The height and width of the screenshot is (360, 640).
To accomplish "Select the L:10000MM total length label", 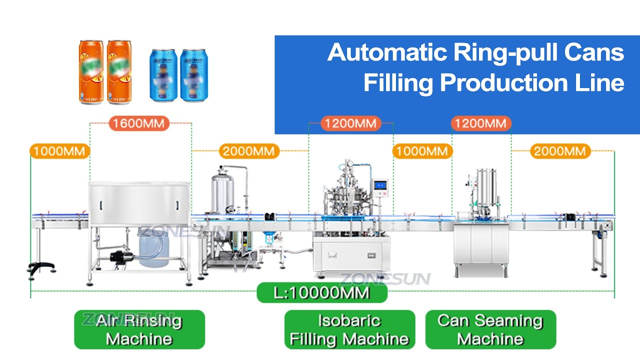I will (322, 292).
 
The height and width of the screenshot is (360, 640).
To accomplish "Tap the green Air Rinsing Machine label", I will (139, 329).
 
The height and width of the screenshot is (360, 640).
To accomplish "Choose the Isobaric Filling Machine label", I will (349, 329).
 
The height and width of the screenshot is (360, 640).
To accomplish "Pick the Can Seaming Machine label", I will (490, 329).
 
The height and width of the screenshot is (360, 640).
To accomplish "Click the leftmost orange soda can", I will (90, 72).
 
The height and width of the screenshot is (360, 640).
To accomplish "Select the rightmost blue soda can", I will (193, 75).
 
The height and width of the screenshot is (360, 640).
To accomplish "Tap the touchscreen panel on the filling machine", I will (382, 185).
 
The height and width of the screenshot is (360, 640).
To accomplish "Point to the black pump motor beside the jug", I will (119, 256).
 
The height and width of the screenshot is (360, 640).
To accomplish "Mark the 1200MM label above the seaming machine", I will (481, 123).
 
